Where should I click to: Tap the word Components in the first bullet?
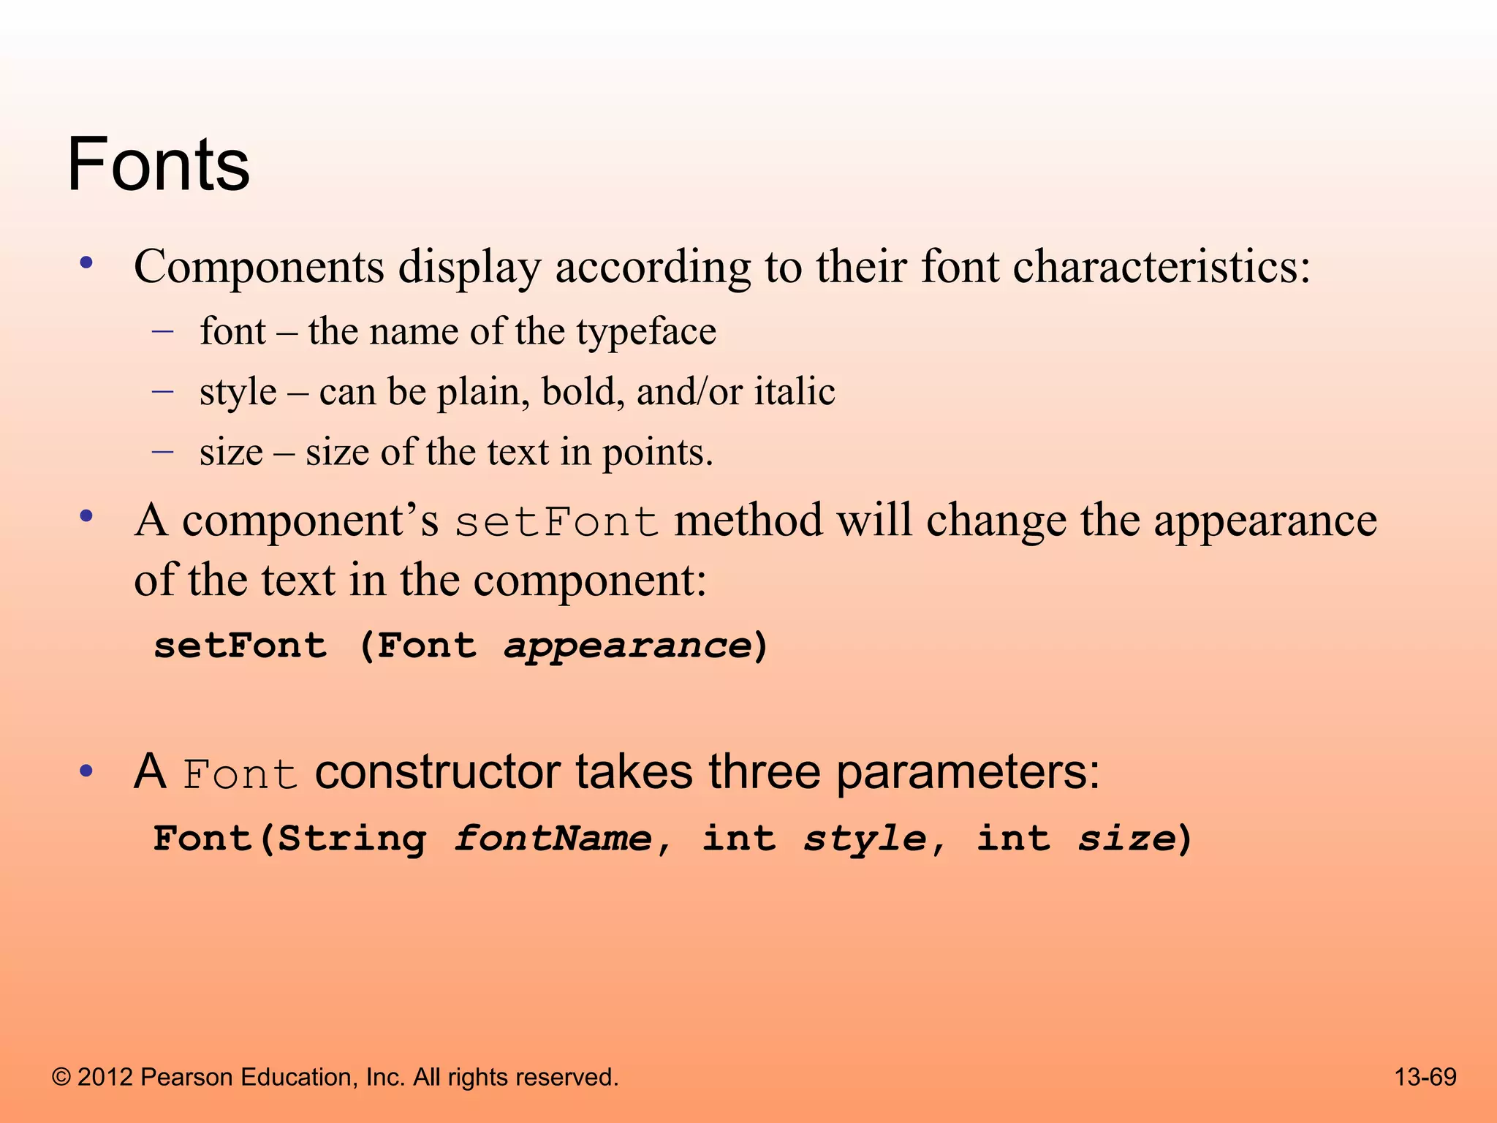(259, 267)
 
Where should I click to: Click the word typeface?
(646, 333)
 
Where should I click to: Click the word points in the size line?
(656, 453)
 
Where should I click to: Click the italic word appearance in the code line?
(628, 646)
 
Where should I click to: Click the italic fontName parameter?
(553, 839)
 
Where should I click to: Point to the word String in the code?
(352, 839)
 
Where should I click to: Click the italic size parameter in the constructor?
(1126, 839)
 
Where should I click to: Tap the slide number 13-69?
(1425, 1077)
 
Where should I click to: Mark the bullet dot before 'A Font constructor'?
(87, 771)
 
